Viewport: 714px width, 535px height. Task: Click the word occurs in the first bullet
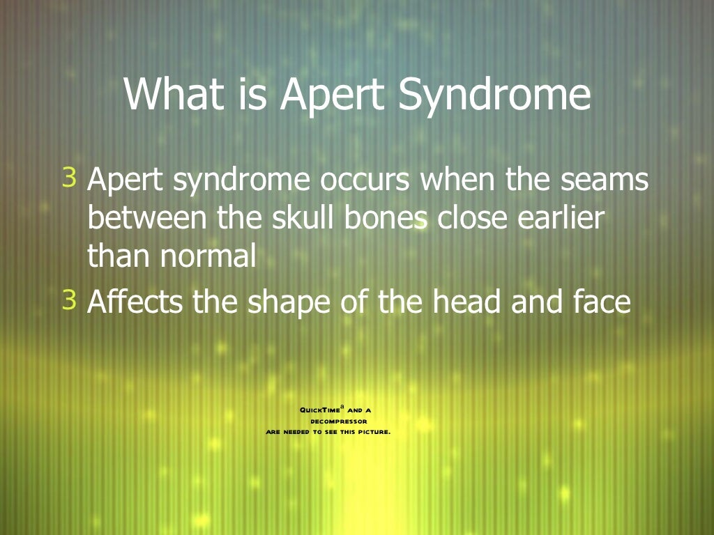[365, 180]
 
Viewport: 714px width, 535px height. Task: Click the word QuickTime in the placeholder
[319, 410]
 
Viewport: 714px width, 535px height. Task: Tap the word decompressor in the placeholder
[339, 421]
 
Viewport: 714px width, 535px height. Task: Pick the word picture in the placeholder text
[374, 432]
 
